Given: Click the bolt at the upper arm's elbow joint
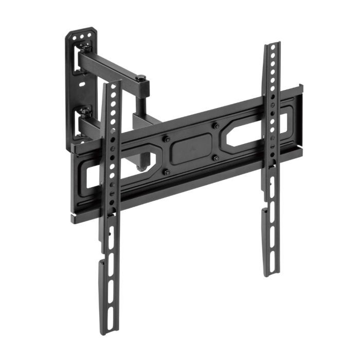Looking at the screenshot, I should pyautogui.click(x=140, y=79).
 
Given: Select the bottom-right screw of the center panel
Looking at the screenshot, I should pyautogui.click(x=217, y=158).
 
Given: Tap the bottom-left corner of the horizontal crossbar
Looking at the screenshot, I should pyautogui.click(x=75, y=219).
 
